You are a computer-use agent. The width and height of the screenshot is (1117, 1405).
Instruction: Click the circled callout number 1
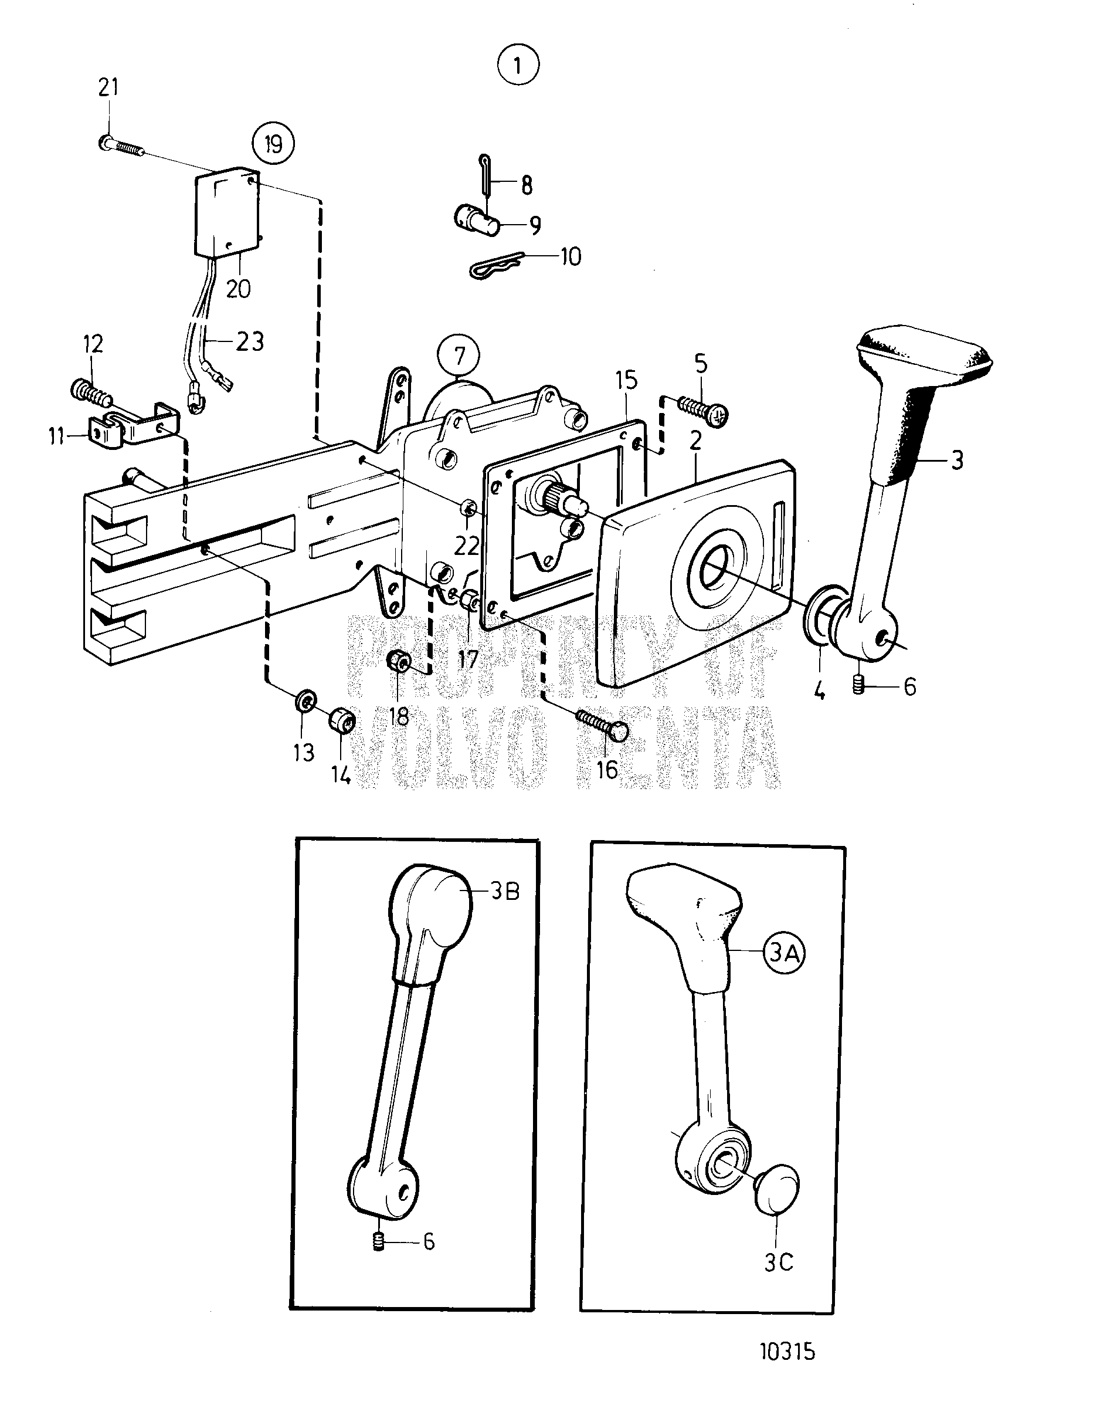coord(518,65)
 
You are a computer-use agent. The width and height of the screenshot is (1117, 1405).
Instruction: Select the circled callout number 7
coord(459,357)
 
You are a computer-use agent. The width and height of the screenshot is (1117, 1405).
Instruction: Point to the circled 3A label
coord(783,953)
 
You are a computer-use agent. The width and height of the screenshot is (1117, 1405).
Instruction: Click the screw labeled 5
coord(700,409)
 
